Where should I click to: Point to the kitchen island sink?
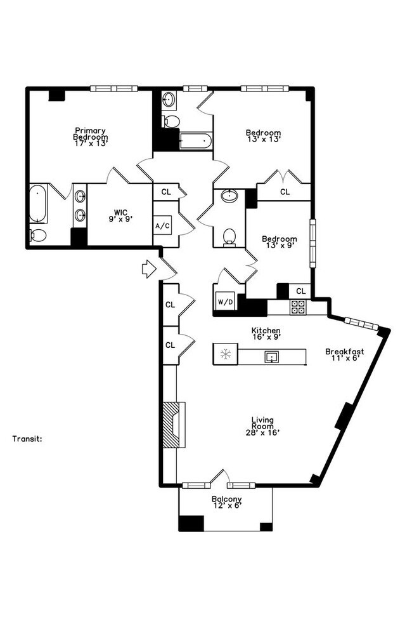pyautogui.click(x=272, y=357)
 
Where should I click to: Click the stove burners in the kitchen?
pyautogui.click(x=298, y=307)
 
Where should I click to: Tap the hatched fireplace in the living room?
pyautogui.click(x=171, y=425)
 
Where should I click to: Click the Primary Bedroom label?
pyautogui.click(x=91, y=137)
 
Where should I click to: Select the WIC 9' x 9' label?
pyautogui.click(x=121, y=216)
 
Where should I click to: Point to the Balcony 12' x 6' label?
pyautogui.click(x=226, y=503)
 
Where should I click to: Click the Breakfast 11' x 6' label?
pyautogui.click(x=344, y=354)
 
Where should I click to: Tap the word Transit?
pyautogui.click(x=27, y=439)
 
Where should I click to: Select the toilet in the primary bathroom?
pyautogui.click(x=38, y=236)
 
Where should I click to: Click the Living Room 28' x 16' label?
pyautogui.click(x=262, y=426)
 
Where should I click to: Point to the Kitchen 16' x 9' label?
pyautogui.click(x=266, y=334)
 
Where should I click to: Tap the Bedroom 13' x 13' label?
pyautogui.click(x=263, y=136)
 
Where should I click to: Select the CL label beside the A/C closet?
pyautogui.click(x=166, y=191)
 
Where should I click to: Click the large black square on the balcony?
pyautogui.click(x=191, y=523)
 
